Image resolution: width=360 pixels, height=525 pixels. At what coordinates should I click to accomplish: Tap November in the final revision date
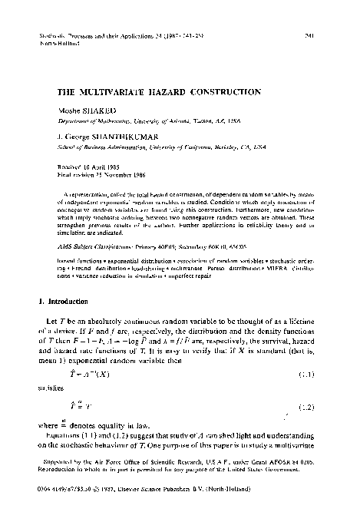[x=130, y=173]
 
